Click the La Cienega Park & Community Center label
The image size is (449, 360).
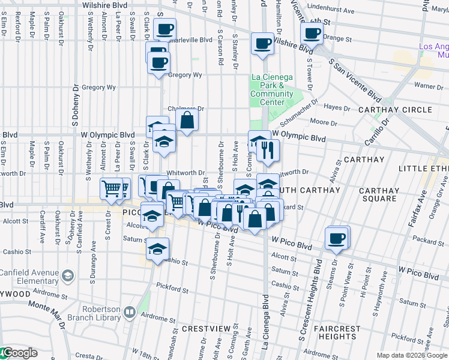tap(271, 89)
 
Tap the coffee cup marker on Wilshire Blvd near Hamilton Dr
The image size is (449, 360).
tap(262, 44)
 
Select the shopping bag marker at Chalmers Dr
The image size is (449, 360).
tap(187, 120)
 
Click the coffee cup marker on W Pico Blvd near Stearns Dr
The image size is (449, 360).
tap(336, 238)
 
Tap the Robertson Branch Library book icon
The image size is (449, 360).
tap(130, 311)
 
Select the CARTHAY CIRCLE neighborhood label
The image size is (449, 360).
tap(403, 110)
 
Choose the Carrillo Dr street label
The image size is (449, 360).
tap(376, 133)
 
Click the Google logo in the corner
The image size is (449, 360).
tap(19, 353)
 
